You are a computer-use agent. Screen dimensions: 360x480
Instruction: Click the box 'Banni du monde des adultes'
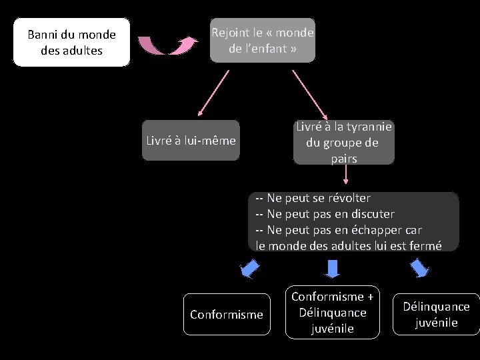pyautogui.click(x=71, y=42)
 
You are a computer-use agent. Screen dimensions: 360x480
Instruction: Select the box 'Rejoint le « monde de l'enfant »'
pyautogui.click(x=262, y=41)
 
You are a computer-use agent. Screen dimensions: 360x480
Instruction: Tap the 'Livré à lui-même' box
pyautogui.click(x=191, y=141)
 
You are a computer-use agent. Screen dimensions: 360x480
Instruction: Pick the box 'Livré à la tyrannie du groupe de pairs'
pyautogui.click(x=343, y=142)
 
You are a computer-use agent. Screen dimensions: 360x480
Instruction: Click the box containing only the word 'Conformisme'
pyautogui.click(x=227, y=314)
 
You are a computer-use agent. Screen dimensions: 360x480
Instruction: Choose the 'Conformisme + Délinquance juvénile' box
pyautogui.click(x=333, y=312)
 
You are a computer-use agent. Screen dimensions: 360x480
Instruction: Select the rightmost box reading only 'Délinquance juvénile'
pyautogui.click(x=436, y=314)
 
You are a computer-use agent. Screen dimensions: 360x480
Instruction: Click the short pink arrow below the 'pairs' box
pyautogui.click(x=345, y=174)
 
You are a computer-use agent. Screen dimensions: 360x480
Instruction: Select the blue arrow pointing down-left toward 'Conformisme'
pyautogui.click(x=249, y=269)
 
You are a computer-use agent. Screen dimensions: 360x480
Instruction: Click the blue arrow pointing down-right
pyautogui.click(x=419, y=268)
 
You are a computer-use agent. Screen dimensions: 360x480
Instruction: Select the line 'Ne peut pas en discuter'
pyautogui.click(x=325, y=214)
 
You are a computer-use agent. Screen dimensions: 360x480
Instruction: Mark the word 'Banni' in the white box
pyautogui.click(x=43, y=35)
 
